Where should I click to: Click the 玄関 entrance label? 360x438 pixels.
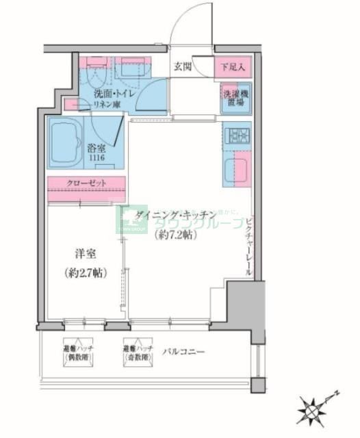point(182,67)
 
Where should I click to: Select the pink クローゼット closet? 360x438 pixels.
point(86,184)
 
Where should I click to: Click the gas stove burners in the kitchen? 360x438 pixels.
point(236,135)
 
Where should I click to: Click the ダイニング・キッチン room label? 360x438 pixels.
point(175,214)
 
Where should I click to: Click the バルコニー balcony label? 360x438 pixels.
point(183,351)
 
